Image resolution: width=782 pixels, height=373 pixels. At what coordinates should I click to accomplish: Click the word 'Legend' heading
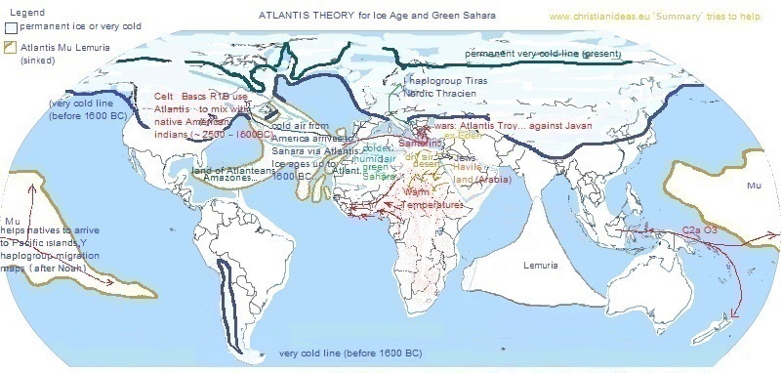21,11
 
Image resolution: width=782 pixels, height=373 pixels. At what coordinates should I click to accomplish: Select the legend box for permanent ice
11,27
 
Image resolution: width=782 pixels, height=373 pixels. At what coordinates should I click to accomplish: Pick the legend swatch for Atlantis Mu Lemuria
11,46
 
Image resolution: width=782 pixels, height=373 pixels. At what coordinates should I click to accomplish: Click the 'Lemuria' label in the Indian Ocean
540,266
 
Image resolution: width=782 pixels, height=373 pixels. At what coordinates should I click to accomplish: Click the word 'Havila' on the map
465,167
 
